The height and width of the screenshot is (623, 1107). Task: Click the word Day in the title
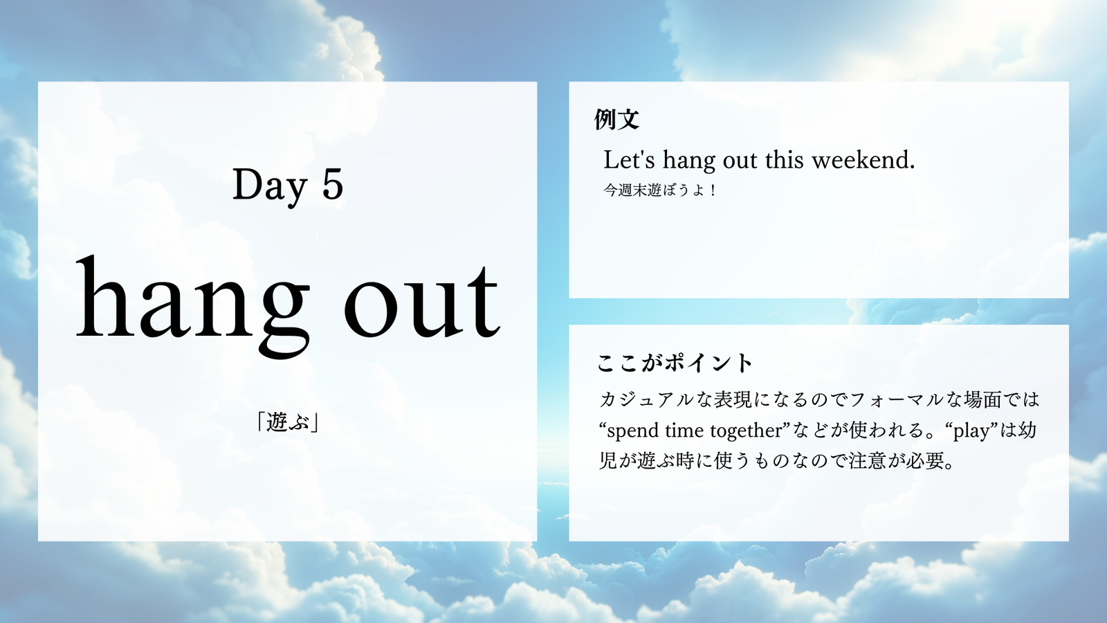tap(270, 185)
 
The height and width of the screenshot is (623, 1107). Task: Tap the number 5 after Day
tap(333, 184)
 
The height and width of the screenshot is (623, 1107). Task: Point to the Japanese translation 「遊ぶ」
tap(287, 422)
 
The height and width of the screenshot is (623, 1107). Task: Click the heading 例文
tap(616, 119)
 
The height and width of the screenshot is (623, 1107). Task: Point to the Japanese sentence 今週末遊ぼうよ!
tap(660, 190)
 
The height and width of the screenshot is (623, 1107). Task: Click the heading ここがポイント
tap(674, 363)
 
